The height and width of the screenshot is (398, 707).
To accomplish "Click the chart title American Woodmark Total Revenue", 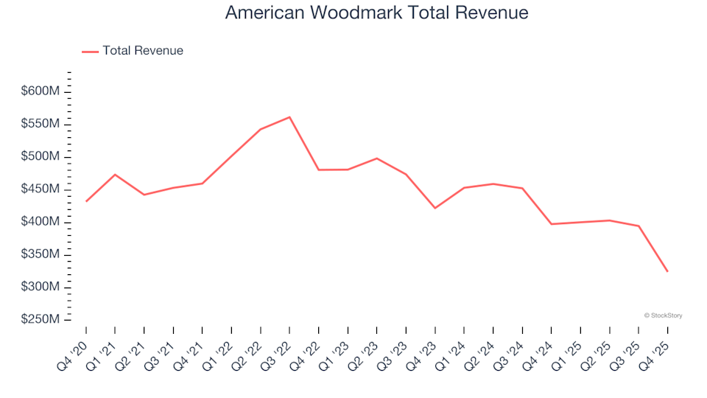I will (376, 13).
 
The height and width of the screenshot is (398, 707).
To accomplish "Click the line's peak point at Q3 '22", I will (289, 117).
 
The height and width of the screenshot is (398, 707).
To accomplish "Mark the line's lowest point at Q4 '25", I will (667, 271).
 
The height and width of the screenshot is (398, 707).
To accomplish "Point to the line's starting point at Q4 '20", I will (86, 201).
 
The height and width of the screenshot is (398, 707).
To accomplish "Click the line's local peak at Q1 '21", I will (115, 175).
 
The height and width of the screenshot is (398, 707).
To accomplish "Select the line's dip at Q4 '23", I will (435, 208).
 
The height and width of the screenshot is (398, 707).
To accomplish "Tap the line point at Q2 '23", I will (376, 158).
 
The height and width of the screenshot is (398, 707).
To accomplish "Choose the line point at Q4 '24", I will (551, 224).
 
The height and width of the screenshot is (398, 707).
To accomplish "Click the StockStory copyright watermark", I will (663, 315).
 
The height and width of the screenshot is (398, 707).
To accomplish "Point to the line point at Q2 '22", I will (260, 129).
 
